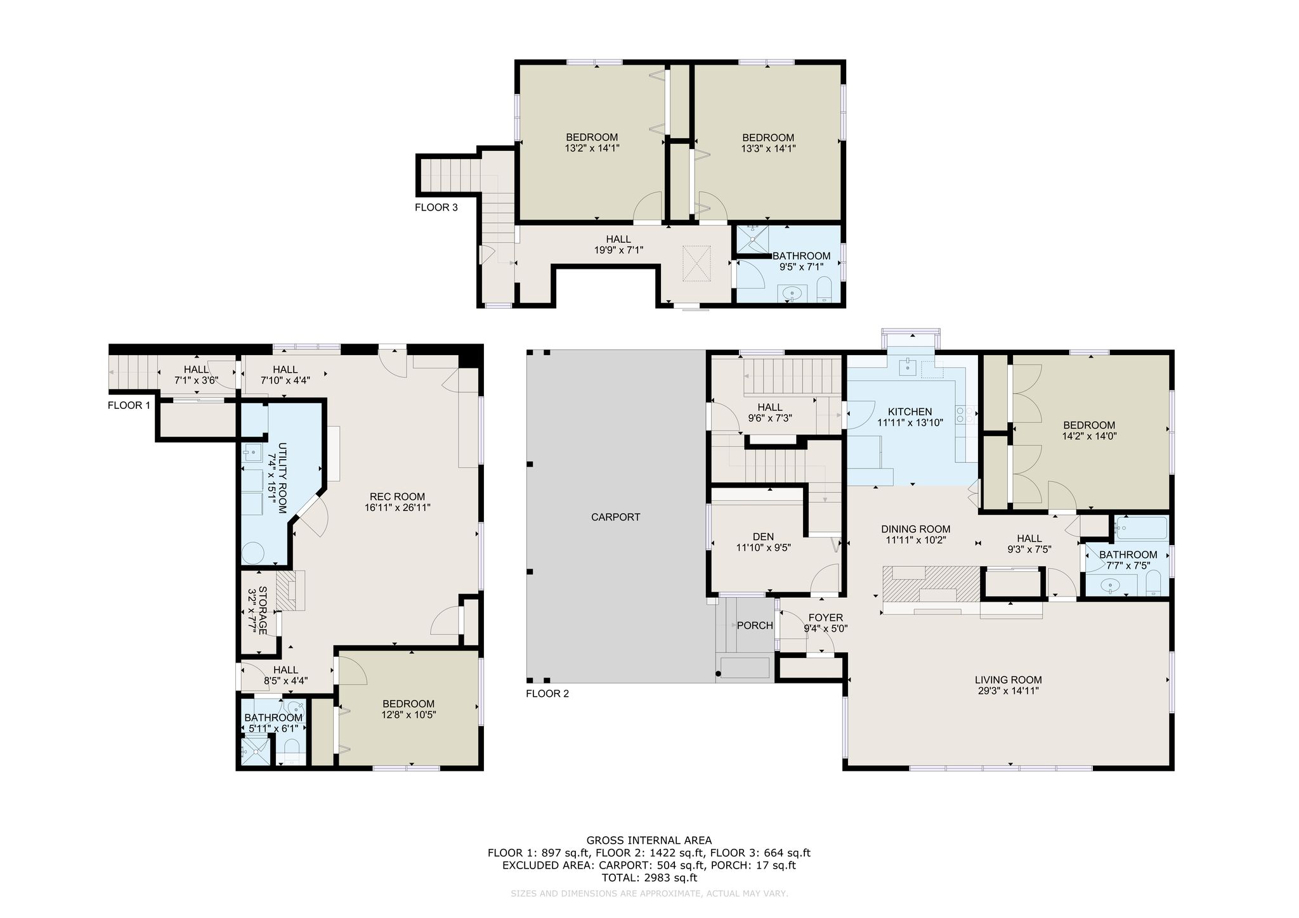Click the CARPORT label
(x=615, y=517)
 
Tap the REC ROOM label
(x=398, y=497)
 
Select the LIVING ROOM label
(x=1009, y=680)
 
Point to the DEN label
(x=764, y=537)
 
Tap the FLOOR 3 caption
(x=436, y=207)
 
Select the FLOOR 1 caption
(x=129, y=406)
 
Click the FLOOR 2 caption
(x=547, y=694)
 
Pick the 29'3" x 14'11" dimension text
(x=1009, y=691)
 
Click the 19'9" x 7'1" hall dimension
(x=618, y=250)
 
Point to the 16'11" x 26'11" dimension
(x=398, y=508)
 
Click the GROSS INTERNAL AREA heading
(x=649, y=841)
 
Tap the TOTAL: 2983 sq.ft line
(x=649, y=878)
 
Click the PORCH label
(x=755, y=626)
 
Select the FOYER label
(x=826, y=617)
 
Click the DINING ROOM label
(x=916, y=529)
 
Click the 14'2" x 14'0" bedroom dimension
(x=1089, y=436)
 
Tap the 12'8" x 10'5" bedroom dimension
(x=408, y=714)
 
